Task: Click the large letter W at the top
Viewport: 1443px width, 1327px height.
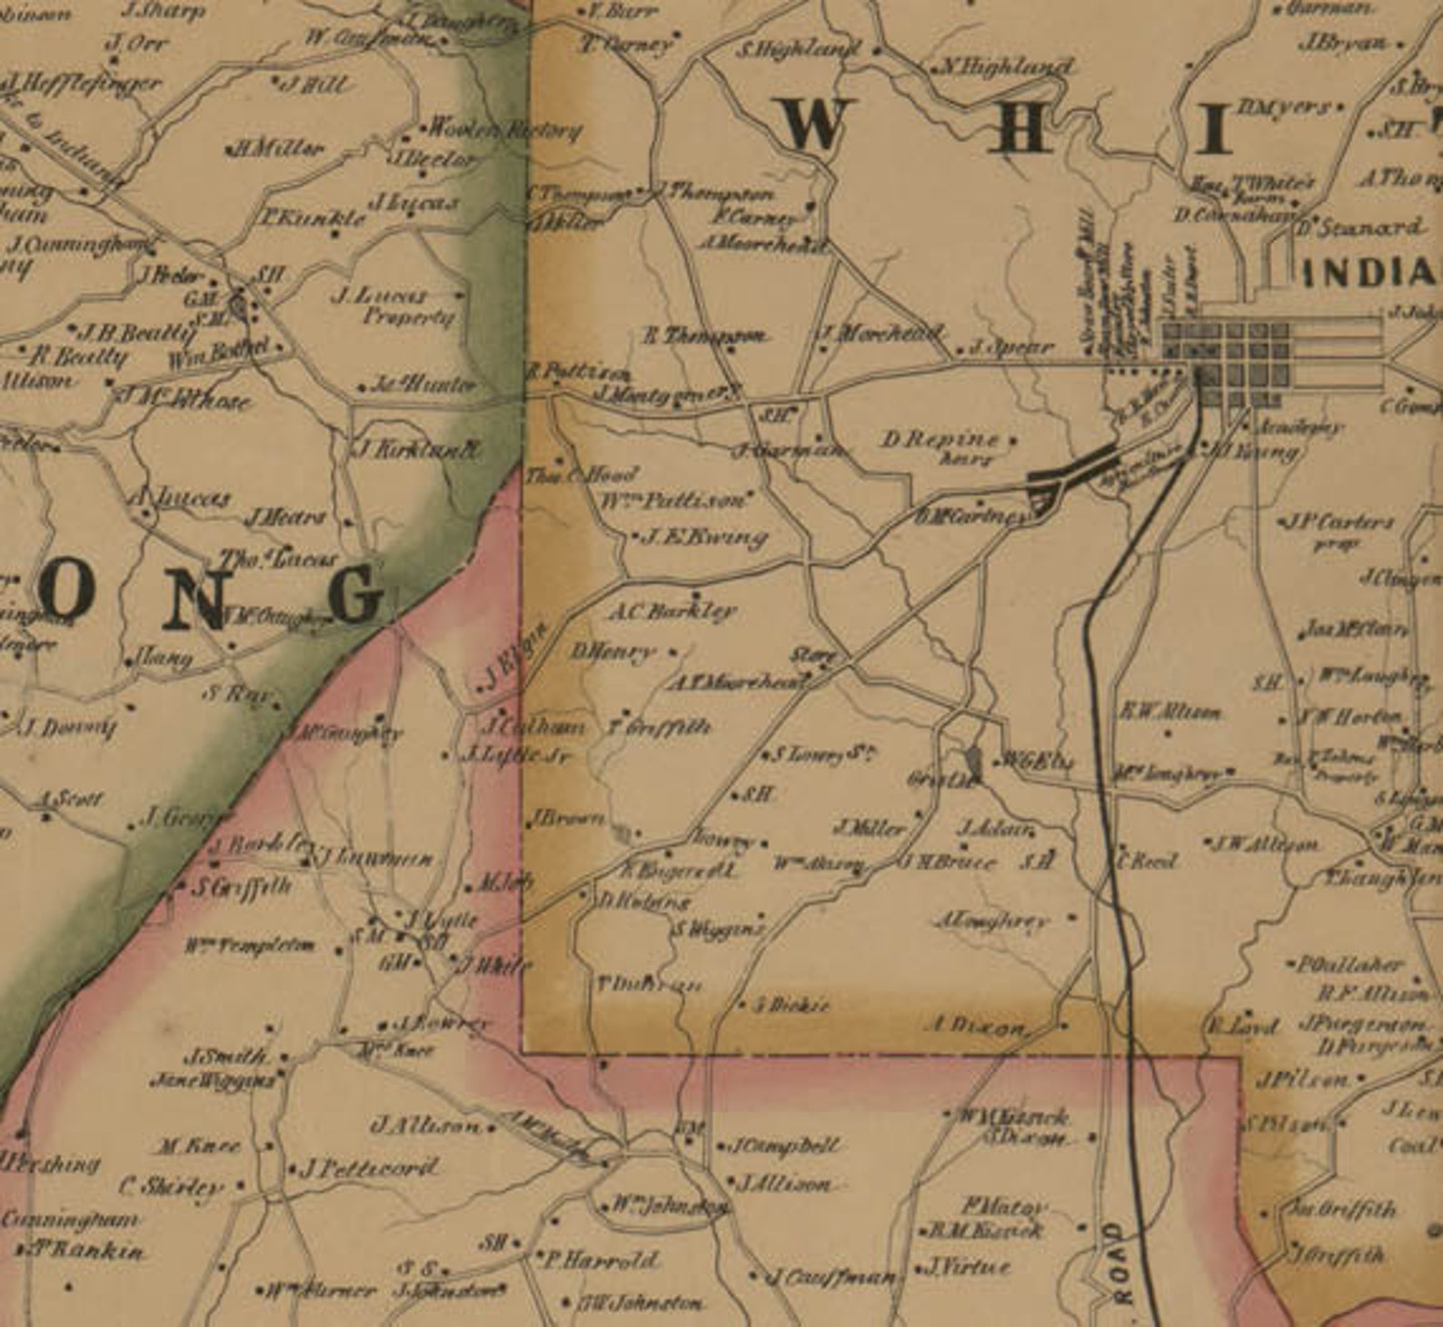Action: click(x=812, y=125)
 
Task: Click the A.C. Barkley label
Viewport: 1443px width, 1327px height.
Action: click(x=672, y=612)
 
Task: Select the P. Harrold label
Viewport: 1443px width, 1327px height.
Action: click(x=601, y=1260)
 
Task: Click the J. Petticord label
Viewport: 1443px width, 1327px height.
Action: click(x=370, y=1167)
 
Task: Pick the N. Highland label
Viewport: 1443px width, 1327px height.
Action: click(x=1004, y=66)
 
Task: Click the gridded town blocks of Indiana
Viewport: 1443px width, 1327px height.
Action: click(x=1227, y=362)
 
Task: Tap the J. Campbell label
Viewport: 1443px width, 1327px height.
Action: click(x=786, y=1145)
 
